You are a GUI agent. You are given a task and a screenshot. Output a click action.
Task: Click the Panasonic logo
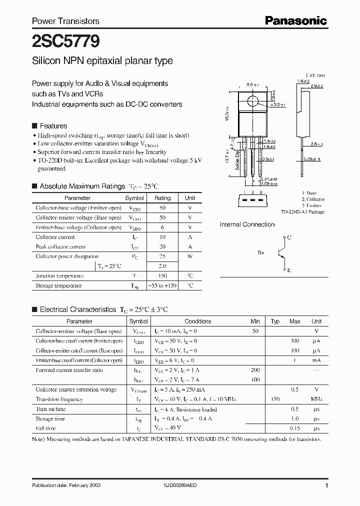(296, 20)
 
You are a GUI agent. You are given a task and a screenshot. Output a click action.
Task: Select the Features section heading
(53, 126)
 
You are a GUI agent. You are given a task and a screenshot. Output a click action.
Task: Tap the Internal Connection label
(247, 224)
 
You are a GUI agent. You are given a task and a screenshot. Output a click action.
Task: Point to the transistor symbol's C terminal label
(289, 238)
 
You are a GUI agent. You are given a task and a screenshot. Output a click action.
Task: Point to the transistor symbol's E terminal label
(289, 269)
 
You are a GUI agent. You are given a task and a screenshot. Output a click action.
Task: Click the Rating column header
(162, 198)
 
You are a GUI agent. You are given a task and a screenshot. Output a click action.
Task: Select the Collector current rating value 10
(162, 237)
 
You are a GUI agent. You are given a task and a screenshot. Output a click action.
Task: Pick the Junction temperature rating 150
(162, 276)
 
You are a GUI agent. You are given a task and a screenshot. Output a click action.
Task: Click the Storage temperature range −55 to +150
(162, 285)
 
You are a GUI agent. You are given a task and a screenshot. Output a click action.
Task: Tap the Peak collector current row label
(60, 246)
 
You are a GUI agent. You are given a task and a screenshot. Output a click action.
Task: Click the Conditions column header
(198, 321)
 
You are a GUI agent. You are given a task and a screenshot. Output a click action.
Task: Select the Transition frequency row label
(59, 399)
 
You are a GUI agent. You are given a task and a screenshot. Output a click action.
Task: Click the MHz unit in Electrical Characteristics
(316, 399)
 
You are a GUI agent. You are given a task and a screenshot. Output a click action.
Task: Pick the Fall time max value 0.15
(294, 428)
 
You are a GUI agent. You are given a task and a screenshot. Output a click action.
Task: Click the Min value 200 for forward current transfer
(255, 370)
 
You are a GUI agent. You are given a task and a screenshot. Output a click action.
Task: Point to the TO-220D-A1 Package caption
(302, 212)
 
